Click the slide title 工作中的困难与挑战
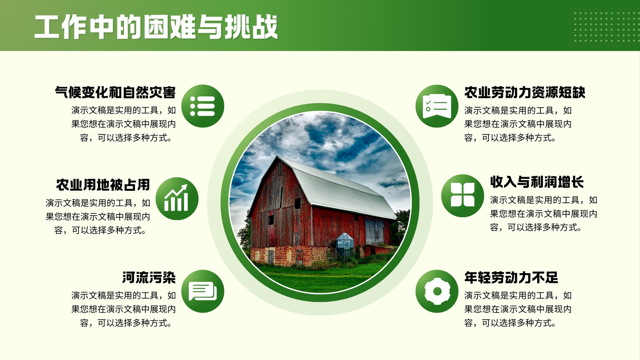point(156,27)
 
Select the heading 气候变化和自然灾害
point(116,92)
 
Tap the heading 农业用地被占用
point(103,185)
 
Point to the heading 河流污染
point(149,278)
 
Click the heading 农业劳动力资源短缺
point(524,92)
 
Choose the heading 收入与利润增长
point(537,182)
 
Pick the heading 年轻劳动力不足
point(511,278)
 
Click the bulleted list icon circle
point(202,106)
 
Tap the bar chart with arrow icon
point(177,198)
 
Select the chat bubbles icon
point(202,291)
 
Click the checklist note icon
point(437,106)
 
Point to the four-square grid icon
point(462,196)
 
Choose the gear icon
point(437,291)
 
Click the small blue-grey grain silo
point(344,244)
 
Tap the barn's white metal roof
point(337,186)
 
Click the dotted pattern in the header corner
point(606,27)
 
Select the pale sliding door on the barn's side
point(374,231)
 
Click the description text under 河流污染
point(124,309)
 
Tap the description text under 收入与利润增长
point(544,214)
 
